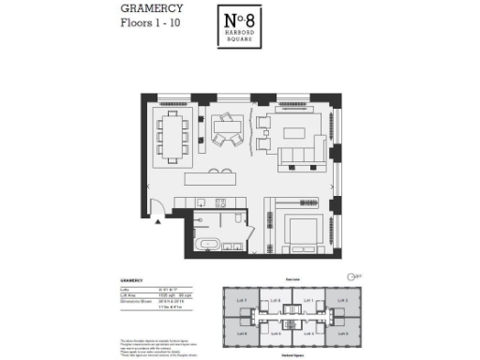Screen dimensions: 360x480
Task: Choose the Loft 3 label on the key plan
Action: tap(341, 301)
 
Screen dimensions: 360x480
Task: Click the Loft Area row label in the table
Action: tap(131, 293)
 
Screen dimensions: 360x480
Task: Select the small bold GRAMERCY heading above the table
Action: tap(134, 278)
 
